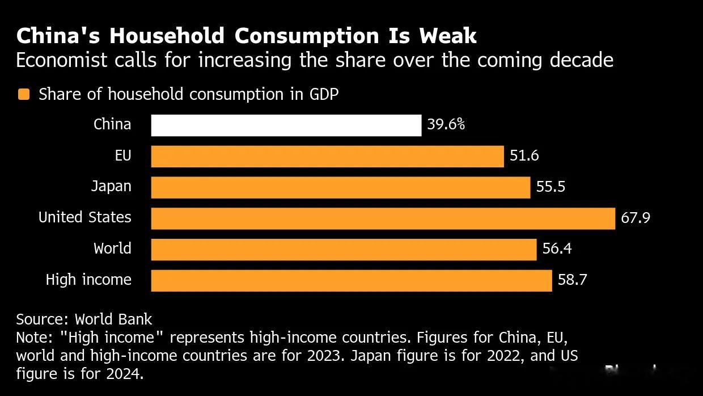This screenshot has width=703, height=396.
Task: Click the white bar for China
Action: pyautogui.click(x=286, y=125)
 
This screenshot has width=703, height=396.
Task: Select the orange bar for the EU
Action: pyautogui.click(x=328, y=157)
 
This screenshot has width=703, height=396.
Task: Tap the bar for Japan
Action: pyautogui.click(x=341, y=187)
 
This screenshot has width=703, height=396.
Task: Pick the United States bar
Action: pyautogui.click(x=383, y=218)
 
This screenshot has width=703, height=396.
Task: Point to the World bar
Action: pyautogui.click(x=344, y=250)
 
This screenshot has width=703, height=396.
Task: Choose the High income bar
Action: pyautogui.click(x=351, y=281)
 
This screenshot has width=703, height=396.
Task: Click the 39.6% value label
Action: pyautogui.click(x=446, y=125)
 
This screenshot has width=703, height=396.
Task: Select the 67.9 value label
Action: pyautogui.click(x=636, y=218)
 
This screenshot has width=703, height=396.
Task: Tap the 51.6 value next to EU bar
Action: pyautogui.click(x=524, y=155)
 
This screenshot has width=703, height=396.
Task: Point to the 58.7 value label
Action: pyautogui.click(x=572, y=280)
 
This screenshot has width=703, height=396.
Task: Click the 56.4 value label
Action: pyautogui.click(x=557, y=248)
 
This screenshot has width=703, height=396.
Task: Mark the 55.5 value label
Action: pyautogui.click(x=550, y=187)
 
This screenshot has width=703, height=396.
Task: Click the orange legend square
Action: pyautogui.click(x=24, y=94)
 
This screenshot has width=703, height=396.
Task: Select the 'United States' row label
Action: pyautogui.click(x=84, y=217)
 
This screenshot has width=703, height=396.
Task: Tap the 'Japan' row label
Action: pyautogui.click(x=111, y=187)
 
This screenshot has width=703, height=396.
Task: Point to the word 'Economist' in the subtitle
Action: pyautogui.click(x=61, y=60)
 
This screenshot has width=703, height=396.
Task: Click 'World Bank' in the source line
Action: pyautogui.click(x=113, y=319)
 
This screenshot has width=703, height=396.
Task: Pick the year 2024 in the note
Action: pyautogui.click(x=125, y=374)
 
